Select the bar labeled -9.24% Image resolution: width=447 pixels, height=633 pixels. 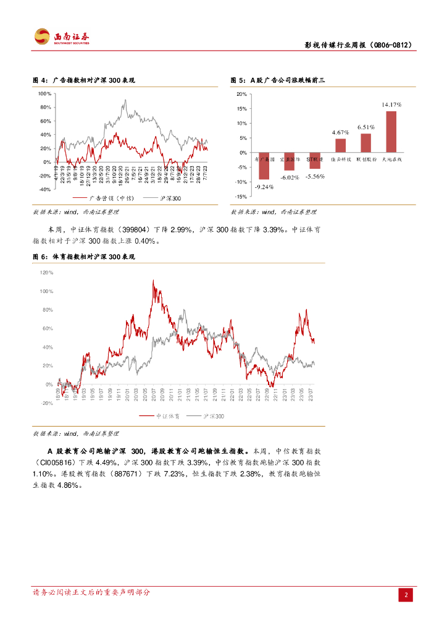264,166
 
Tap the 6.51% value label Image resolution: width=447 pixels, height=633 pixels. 366,127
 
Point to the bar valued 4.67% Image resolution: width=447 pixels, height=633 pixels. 341,145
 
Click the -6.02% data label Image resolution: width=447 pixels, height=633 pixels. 289,177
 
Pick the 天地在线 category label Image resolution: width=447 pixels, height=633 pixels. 391,159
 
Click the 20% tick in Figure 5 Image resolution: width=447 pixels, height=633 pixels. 241,94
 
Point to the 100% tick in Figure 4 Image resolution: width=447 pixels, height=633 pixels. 44,94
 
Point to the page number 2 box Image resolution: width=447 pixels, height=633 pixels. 406,595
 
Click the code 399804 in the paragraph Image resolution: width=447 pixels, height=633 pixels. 130,229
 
